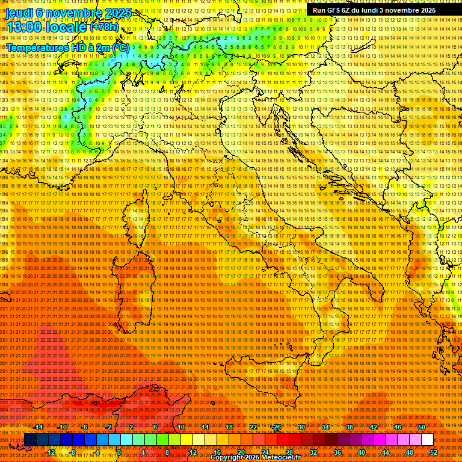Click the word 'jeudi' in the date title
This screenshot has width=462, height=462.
[20, 13]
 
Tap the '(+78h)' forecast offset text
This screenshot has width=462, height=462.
[104, 28]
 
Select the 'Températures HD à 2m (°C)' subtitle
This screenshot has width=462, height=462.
[67, 47]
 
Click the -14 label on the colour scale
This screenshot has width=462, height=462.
[39, 427]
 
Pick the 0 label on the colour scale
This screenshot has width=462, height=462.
[119, 452]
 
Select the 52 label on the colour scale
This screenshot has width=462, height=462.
[434, 452]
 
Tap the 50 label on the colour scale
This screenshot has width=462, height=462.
[422, 427]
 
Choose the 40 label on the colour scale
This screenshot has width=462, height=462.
[362, 452]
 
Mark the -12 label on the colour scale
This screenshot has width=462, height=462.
[51, 452]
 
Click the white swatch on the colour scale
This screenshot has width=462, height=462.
[427, 440]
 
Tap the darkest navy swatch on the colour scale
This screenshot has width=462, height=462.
[30, 440]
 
